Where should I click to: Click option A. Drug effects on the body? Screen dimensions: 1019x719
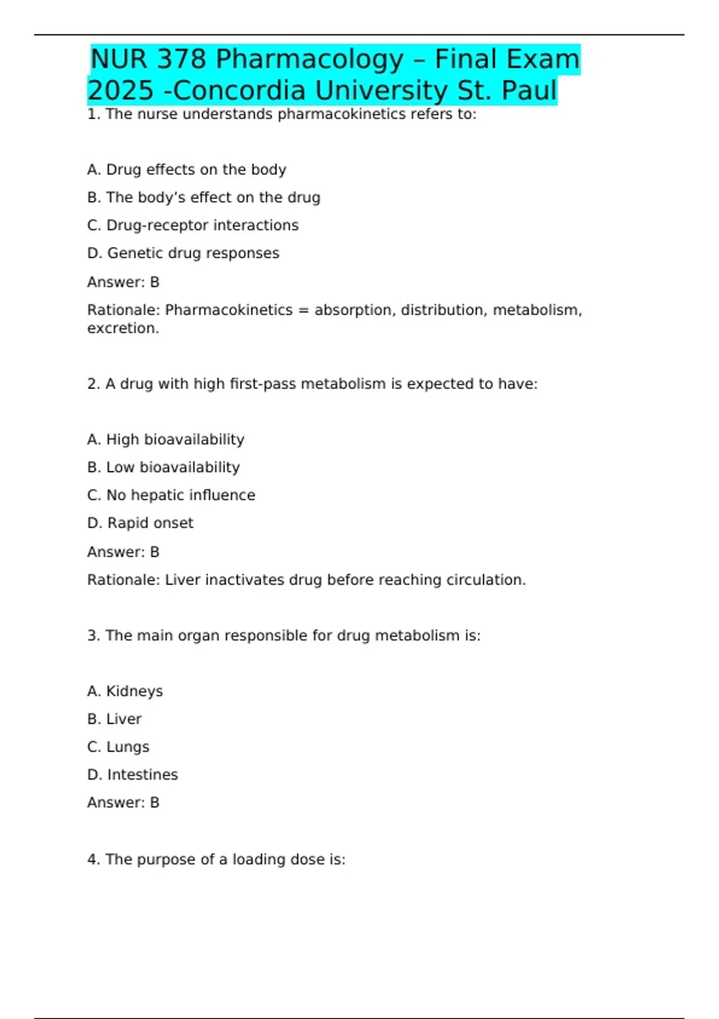tap(186, 170)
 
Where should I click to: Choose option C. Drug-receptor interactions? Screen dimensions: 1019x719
tap(192, 225)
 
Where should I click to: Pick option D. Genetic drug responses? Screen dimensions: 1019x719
tap(183, 254)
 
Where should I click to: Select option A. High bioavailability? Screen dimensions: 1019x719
tap(165, 439)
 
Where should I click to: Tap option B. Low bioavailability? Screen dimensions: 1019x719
tap(163, 468)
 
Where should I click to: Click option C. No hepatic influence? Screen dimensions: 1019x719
tap(171, 495)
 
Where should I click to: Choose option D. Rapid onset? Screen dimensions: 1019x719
tap(140, 523)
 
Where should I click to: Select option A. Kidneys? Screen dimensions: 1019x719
tap(125, 691)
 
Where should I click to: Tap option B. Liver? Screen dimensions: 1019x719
tap(114, 719)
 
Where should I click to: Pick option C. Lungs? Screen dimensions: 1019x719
tap(118, 747)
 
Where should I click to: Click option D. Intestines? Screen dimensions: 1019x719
tap(132, 775)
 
